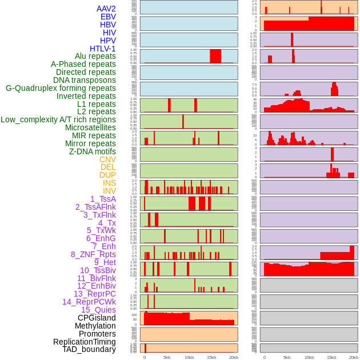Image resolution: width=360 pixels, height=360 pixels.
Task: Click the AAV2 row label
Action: click(x=106, y=9)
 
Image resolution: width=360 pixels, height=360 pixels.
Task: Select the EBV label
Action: click(x=108, y=17)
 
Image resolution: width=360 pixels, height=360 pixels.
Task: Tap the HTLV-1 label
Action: click(x=103, y=49)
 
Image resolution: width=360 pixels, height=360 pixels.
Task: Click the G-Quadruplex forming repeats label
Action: click(x=61, y=88)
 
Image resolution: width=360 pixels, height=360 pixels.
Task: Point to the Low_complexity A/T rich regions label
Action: click(x=58, y=119)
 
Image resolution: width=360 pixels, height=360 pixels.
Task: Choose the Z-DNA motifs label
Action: click(x=93, y=151)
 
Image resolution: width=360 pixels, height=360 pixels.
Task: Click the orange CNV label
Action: click(x=107, y=159)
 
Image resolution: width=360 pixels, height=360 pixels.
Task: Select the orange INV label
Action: click(x=109, y=191)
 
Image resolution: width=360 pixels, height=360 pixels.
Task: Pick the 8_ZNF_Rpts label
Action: click(x=93, y=254)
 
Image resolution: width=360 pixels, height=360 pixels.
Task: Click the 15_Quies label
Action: click(x=98, y=310)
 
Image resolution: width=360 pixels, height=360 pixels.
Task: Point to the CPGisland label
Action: click(x=97, y=318)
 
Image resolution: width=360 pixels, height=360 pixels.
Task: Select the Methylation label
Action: click(x=95, y=326)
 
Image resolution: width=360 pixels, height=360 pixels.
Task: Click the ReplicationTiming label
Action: click(x=84, y=342)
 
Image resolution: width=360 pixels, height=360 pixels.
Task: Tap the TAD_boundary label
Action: click(x=89, y=349)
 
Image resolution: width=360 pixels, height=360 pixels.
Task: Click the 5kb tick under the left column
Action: click(x=167, y=357)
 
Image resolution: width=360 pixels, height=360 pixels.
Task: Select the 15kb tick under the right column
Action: click(x=331, y=357)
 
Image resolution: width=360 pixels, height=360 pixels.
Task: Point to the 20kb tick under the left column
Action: click(x=234, y=357)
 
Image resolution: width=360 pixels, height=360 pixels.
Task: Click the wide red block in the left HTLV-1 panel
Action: click(x=215, y=56)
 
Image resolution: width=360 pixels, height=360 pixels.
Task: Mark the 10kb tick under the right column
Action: click(x=309, y=357)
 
